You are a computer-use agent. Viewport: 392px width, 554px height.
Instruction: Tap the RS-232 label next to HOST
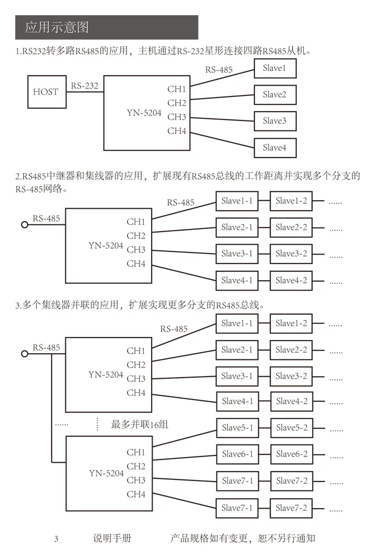pos(84,86)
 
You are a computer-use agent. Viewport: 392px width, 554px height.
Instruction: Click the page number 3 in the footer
pos(56,539)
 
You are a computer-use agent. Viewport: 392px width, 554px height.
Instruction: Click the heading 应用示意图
pos(56,27)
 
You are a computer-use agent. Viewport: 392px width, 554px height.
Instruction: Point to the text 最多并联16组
pos(140,424)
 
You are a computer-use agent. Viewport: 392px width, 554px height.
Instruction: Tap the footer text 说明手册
pos(112,538)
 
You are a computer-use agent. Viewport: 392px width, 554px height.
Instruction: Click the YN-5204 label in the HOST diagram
pos(144,113)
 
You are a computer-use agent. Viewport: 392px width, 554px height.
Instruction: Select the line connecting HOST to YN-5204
pos(85,92)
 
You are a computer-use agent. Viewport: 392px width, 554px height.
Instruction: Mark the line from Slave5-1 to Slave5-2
pos(265,428)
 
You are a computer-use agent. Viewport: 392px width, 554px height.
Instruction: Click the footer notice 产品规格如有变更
pos(209,538)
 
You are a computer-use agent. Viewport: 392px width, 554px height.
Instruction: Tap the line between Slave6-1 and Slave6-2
pos(265,454)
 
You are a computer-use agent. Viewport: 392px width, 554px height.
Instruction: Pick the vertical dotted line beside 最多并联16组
pos(97,424)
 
